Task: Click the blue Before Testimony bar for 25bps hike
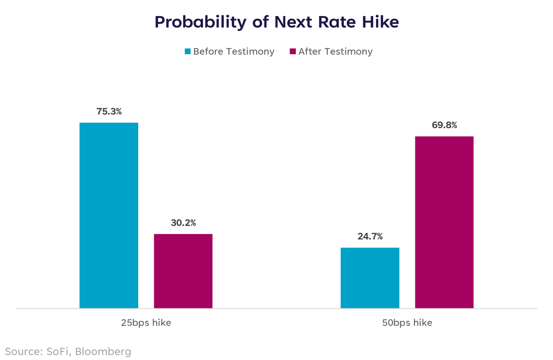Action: pos(108,215)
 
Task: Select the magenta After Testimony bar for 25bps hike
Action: pos(183,271)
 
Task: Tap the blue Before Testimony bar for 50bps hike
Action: pos(369,278)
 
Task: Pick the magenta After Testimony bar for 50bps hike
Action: pos(444,222)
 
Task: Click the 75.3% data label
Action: pos(109,112)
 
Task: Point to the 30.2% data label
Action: pos(183,223)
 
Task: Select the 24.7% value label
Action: pos(369,237)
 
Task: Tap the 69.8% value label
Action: pos(444,125)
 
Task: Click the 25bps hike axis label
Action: pos(146,323)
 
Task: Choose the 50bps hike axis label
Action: pos(407,323)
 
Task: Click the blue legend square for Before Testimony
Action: pos(187,51)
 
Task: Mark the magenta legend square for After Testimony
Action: pos(293,51)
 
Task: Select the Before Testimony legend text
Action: pos(233,51)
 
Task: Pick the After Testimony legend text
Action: pos(335,51)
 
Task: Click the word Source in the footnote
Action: pos(21,351)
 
